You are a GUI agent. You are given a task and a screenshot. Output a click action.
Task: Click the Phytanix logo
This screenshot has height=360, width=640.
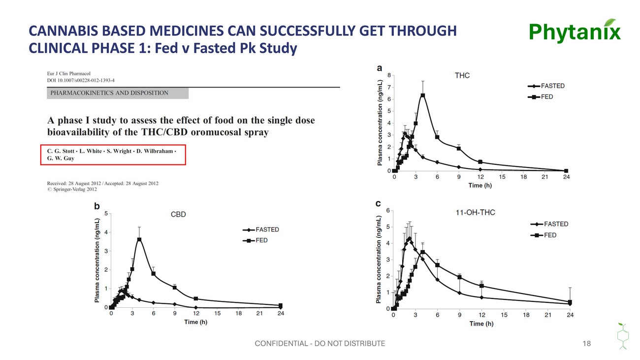[x=575, y=31]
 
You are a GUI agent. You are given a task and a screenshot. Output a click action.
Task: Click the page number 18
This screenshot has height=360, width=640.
[x=586, y=343]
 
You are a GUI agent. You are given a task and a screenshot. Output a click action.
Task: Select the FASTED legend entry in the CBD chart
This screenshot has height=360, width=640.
[x=261, y=229]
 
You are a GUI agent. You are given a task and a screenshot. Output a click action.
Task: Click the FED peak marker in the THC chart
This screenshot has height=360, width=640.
[x=423, y=96]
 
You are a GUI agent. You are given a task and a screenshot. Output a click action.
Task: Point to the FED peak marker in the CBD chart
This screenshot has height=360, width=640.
[x=139, y=239]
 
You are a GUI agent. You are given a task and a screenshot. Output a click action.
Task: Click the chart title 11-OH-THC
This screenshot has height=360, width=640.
[x=475, y=213]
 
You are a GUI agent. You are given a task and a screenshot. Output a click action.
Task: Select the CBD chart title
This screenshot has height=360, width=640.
[x=178, y=214]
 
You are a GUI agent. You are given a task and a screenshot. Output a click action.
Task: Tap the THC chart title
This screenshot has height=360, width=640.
[x=462, y=75]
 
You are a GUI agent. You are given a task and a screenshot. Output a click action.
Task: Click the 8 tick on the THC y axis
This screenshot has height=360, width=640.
[x=389, y=75]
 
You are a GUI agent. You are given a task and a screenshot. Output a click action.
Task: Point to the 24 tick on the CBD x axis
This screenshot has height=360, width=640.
[x=281, y=313]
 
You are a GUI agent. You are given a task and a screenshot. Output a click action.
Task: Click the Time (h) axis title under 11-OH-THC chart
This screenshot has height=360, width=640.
[x=481, y=324]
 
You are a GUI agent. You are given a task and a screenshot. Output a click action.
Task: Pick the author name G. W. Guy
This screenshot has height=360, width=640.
[x=61, y=158]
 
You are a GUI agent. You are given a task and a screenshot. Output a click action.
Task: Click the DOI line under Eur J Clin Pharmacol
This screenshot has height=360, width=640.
[x=81, y=80]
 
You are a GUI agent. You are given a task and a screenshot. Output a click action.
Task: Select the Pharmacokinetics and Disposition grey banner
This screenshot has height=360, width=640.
[x=118, y=93]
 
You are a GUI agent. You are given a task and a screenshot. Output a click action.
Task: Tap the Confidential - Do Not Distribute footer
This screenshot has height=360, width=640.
[x=320, y=343]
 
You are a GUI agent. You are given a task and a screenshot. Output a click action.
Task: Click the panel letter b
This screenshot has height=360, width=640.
[x=97, y=206]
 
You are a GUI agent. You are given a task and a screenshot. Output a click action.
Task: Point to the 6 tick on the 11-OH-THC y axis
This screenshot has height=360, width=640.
[x=388, y=211]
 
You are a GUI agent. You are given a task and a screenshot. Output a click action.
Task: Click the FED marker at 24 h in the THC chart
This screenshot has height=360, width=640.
[x=566, y=171]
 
